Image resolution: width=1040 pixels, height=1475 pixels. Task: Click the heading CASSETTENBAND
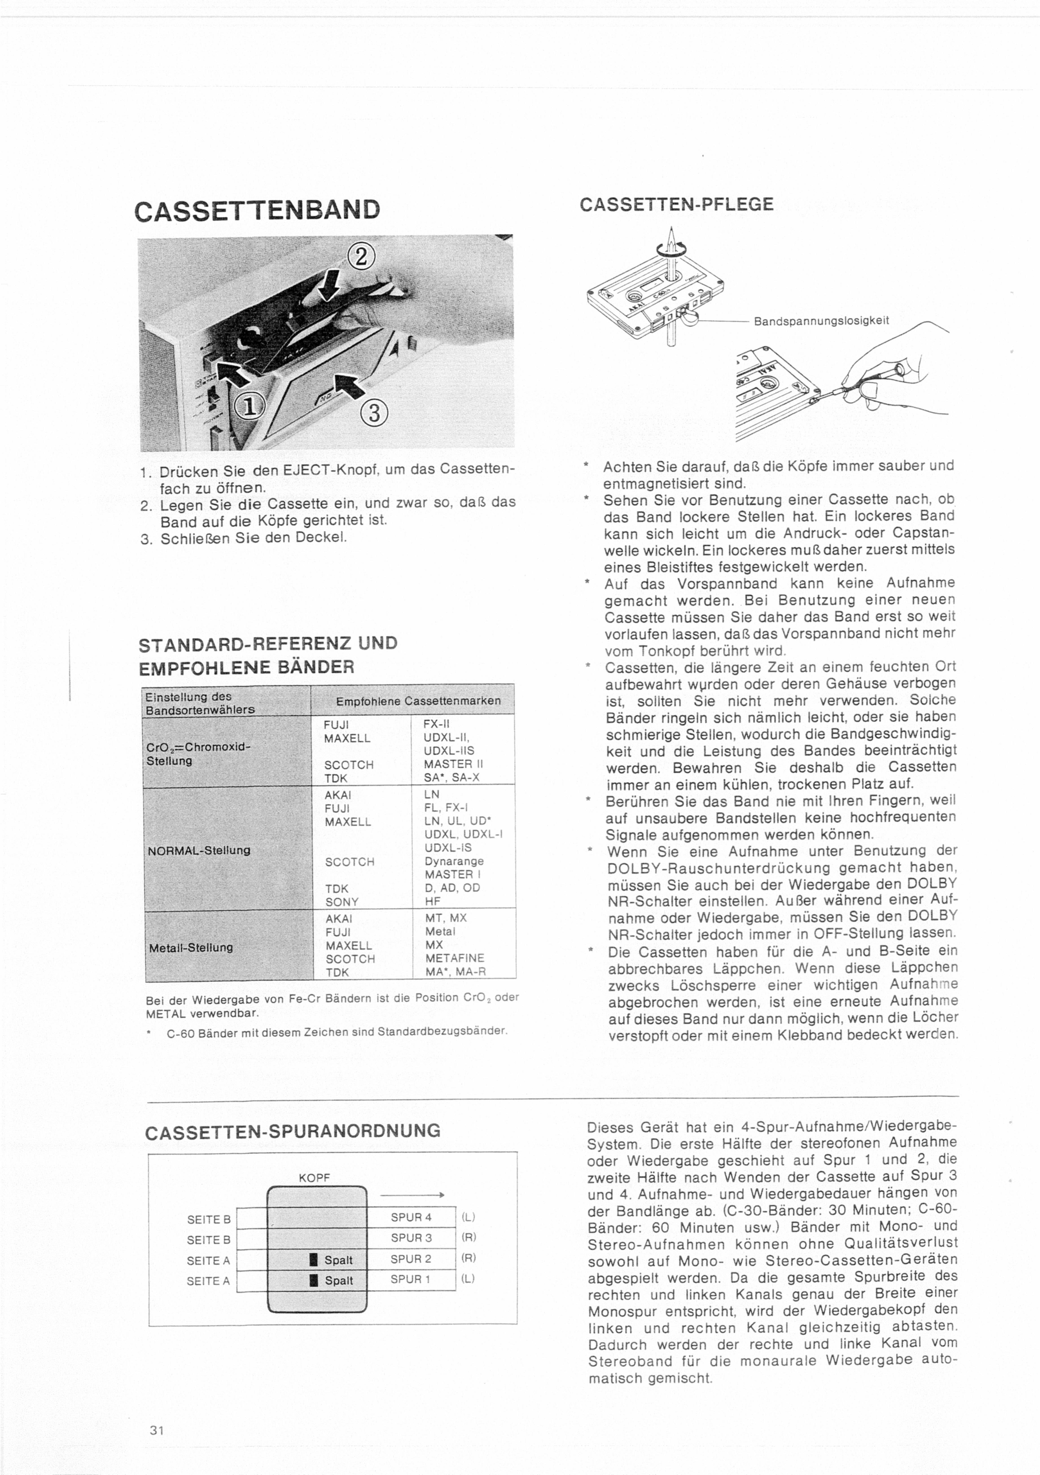[257, 210]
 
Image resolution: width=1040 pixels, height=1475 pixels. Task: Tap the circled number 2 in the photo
[360, 256]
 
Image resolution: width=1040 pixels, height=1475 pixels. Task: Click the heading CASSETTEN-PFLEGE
[676, 204]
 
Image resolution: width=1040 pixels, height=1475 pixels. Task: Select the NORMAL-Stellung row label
[198, 850]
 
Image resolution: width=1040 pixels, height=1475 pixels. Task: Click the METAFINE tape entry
[454, 958]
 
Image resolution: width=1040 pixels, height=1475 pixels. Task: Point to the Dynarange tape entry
[454, 861]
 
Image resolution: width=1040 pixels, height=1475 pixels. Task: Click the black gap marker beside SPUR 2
[314, 1260]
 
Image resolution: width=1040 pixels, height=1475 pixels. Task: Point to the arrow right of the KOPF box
[412, 1195]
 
